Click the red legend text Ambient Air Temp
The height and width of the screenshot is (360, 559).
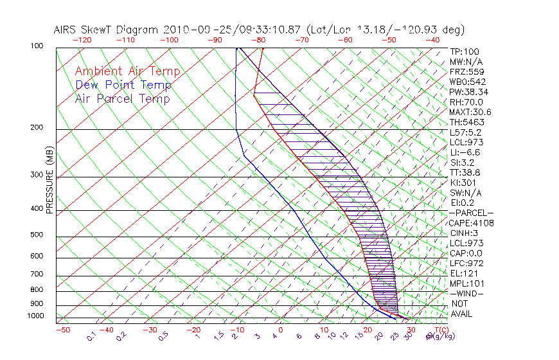pyautogui.click(x=127, y=71)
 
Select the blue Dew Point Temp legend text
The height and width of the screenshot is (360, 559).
pyautogui.click(x=123, y=85)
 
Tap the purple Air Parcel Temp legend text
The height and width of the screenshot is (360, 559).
pyautogui.click(x=123, y=98)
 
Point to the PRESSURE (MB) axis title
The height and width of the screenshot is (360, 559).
pyautogui.click(x=50, y=183)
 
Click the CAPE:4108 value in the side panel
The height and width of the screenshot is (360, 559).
pyautogui.click(x=468, y=223)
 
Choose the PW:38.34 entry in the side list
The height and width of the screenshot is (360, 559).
pyautogui.click(x=467, y=92)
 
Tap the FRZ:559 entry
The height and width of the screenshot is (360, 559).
pyautogui.click(x=465, y=71)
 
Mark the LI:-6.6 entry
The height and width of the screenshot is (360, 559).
pyautogui.click(x=464, y=152)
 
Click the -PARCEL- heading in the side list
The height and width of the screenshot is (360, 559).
pyautogui.click(x=470, y=213)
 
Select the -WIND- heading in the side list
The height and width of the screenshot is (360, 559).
pyautogui.click(x=466, y=293)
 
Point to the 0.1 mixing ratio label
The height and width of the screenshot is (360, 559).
pyautogui.click(x=91, y=336)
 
